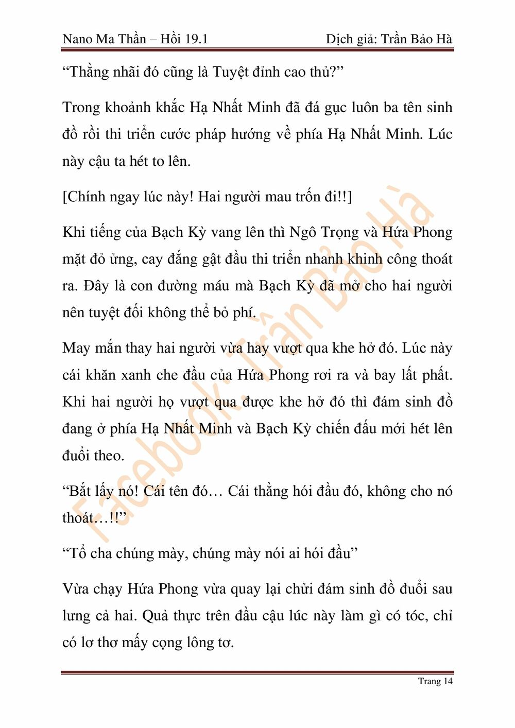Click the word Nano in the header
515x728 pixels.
click(77, 39)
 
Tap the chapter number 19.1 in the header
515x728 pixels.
click(195, 39)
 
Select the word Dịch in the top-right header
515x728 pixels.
click(339, 40)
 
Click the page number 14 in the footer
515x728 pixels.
click(448, 681)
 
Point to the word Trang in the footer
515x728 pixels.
click(429, 681)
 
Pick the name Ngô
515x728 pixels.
click(303, 232)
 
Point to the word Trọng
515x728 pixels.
click(340, 233)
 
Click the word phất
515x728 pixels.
click(437, 375)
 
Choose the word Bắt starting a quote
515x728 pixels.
click(79, 491)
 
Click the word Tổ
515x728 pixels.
click(77, 553)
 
